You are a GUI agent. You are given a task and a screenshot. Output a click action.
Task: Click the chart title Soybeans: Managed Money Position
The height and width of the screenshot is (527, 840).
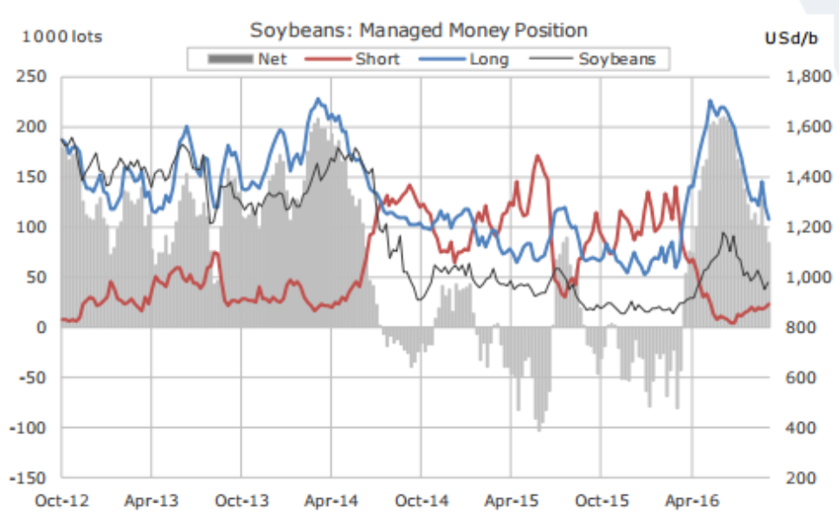point(418,30)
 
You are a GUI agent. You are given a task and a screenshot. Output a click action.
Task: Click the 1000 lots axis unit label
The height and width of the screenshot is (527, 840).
point(61,36)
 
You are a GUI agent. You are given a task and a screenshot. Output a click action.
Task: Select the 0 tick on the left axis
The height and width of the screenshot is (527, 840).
point(41,327)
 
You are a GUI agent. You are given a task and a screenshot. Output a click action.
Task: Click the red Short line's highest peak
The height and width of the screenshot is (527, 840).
point(537,157)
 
